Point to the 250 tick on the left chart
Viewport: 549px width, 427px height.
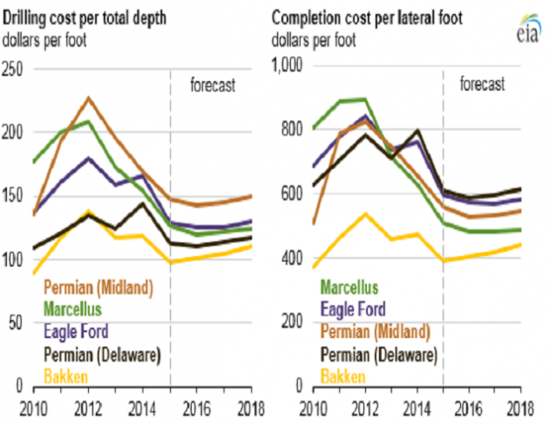point(13,68)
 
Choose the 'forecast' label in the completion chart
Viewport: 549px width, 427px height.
point(482,85)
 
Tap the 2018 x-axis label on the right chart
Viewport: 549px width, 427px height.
point(521,406)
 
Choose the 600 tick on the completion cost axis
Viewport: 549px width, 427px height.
point(288,195)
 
